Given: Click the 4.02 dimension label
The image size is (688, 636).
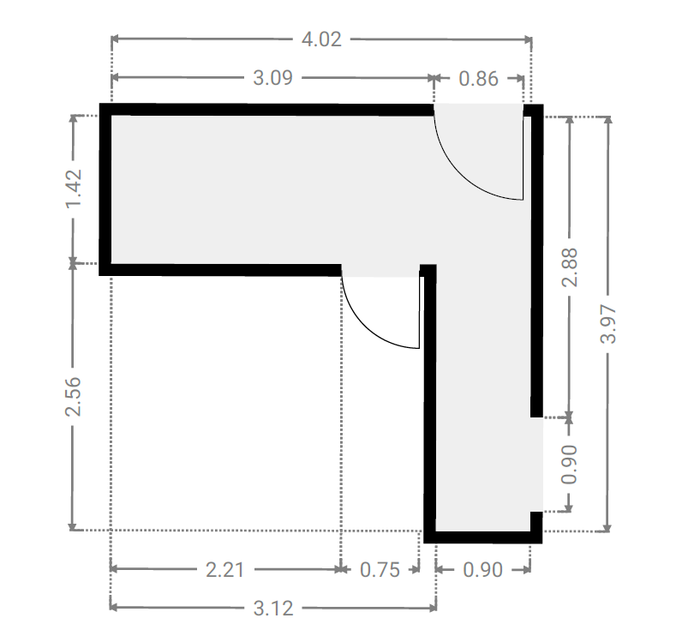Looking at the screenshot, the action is point(321,39).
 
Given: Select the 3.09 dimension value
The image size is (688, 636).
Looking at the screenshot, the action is point(272,78).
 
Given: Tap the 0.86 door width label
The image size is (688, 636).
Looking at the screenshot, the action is point(478,79).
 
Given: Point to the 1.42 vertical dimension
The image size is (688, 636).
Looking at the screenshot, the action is point(74,189).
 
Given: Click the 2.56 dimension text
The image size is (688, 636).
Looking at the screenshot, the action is point(74,396).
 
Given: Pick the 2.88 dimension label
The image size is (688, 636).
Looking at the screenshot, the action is point(570,267).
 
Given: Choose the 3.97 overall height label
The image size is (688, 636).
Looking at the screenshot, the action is point(608,324).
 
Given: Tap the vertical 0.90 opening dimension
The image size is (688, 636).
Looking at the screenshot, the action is point(570,465).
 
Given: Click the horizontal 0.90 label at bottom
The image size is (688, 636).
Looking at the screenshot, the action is point(482,570).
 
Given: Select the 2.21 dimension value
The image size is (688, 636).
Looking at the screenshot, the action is point(224,570).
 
